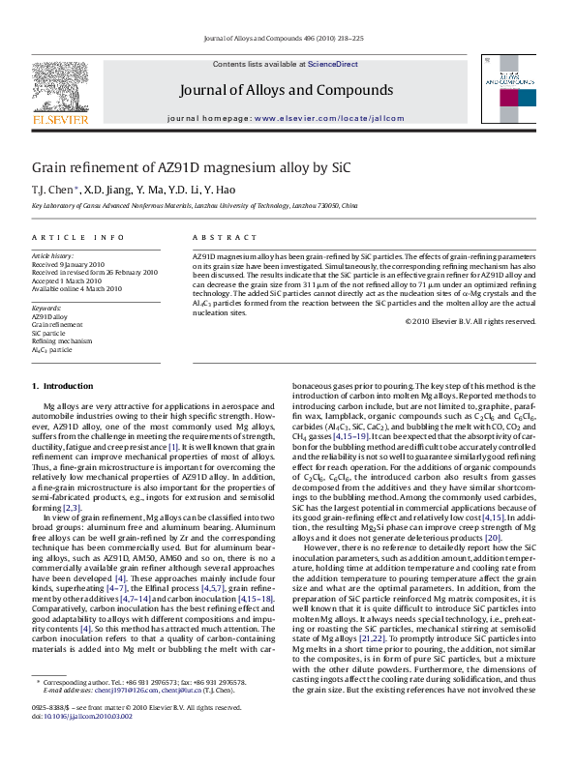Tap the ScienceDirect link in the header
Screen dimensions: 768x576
(x=332, y=64)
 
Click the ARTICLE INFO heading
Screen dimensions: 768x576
(x=78, y=237)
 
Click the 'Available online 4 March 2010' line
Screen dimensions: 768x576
(x=77, y=288)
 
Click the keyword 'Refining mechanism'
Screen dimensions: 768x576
(x=62, y=340)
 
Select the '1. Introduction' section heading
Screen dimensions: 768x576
(x=63, y=386)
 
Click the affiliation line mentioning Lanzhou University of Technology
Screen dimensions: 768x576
(x=195, y=206)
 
